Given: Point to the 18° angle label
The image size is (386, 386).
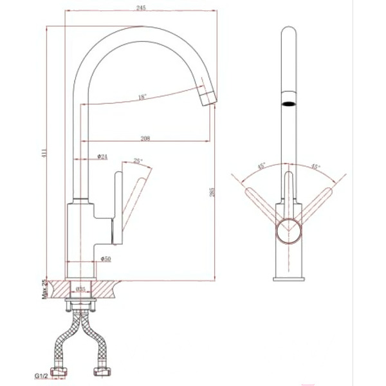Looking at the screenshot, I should [x=142, y=97].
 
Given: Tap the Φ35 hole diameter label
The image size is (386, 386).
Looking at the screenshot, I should [x=82, y=288].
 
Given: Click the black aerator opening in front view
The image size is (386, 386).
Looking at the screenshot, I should [x=289, y=103].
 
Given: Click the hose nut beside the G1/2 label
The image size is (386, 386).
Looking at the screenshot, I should [x=63, y=372].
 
